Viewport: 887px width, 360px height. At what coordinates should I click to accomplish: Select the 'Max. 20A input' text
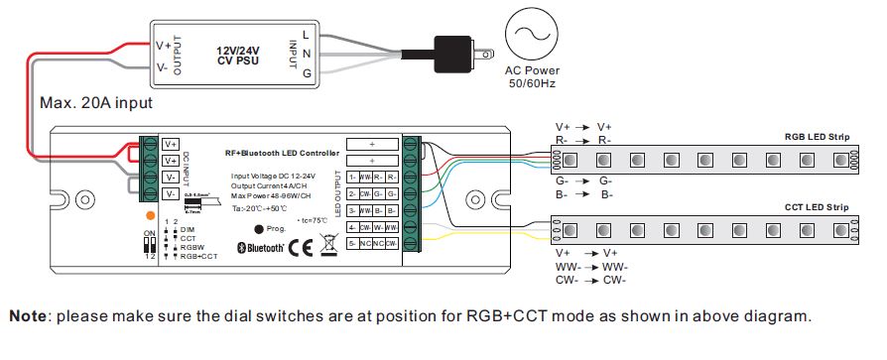pyautogui.click(x=95, y=102)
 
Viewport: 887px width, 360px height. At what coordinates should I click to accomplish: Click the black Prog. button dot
pyautogui.click(x=245, y=228)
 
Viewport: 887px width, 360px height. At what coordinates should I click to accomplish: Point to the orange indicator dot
pyautogui.click(x=150, y=214)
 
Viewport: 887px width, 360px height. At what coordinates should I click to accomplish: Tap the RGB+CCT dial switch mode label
pyautogui.click(x=199, y=255)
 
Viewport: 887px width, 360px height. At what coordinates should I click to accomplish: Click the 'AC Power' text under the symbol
pyautogui.click(x=533, y=71)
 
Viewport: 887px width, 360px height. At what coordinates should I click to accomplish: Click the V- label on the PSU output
pyautogui.click(x=163, y=67)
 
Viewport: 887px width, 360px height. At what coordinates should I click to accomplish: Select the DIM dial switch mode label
pyautogui.click(x=187, y=229)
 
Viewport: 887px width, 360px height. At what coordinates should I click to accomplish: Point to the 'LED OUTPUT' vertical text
pyautogui.click(x=340, y=194)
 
